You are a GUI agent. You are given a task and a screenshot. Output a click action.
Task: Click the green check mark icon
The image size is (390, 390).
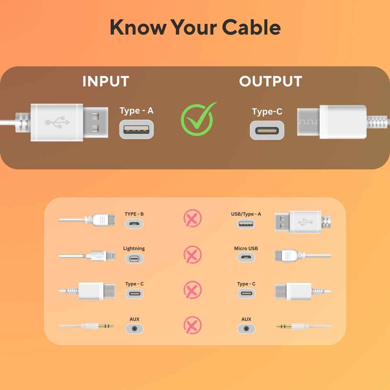click(198, 120)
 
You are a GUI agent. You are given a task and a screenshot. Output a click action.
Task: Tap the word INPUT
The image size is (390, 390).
click(106, 81)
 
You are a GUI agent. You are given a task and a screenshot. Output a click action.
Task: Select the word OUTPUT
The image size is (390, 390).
click(271, 81)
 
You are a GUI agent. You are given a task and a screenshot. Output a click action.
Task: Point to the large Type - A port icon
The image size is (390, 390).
click(136, 129)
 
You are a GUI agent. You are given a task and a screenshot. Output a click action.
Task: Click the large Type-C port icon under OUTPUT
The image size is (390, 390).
click(267, 130)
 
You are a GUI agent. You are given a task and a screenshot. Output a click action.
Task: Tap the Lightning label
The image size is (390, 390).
click(134, 248)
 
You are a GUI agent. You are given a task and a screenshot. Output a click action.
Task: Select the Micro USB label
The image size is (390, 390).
click(246, 248)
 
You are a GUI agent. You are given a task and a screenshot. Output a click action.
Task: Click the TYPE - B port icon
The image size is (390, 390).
click(134, 224)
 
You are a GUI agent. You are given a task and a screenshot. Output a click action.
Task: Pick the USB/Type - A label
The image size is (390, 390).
click(246, 214)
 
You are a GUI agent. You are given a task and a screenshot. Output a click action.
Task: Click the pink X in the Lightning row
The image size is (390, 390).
click(193, 254)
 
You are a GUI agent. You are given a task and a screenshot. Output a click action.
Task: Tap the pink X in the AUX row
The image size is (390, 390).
click(193, 325)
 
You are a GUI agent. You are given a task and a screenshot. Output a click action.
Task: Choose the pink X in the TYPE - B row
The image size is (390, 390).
click(193, 218)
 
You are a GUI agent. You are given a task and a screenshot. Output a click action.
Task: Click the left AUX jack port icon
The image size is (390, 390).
click(134, 329)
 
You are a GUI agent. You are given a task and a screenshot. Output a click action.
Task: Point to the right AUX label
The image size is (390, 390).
click(246, 319)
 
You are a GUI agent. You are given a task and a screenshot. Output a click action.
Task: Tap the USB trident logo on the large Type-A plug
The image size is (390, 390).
click(57, 122)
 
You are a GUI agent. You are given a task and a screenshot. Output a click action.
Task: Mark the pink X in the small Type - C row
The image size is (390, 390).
click(193, 290)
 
